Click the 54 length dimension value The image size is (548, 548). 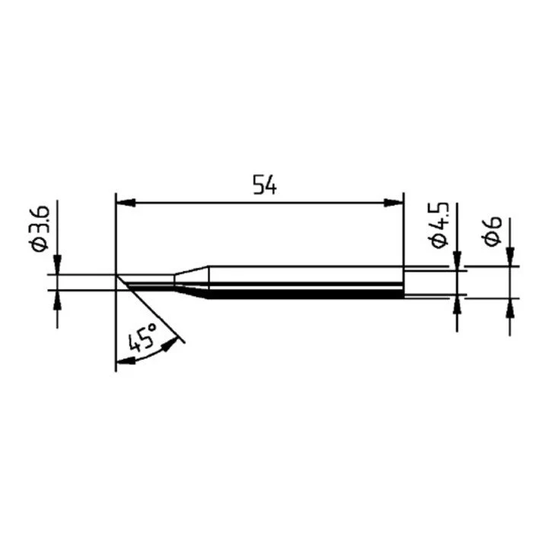[x=265, y=184]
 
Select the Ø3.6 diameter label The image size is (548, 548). [x=40, y=228]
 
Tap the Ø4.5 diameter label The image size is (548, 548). [x=438, y=225]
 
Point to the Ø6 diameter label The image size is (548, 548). [x=492, y=231]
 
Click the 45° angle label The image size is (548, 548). [x=142, y=337]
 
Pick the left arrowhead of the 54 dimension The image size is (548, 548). [x=126, y=202]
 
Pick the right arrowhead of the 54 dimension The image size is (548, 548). [x=393, y=202]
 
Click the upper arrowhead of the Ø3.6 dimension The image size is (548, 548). [x=57, y=265]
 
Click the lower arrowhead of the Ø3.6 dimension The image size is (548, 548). [x=57, y=300]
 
